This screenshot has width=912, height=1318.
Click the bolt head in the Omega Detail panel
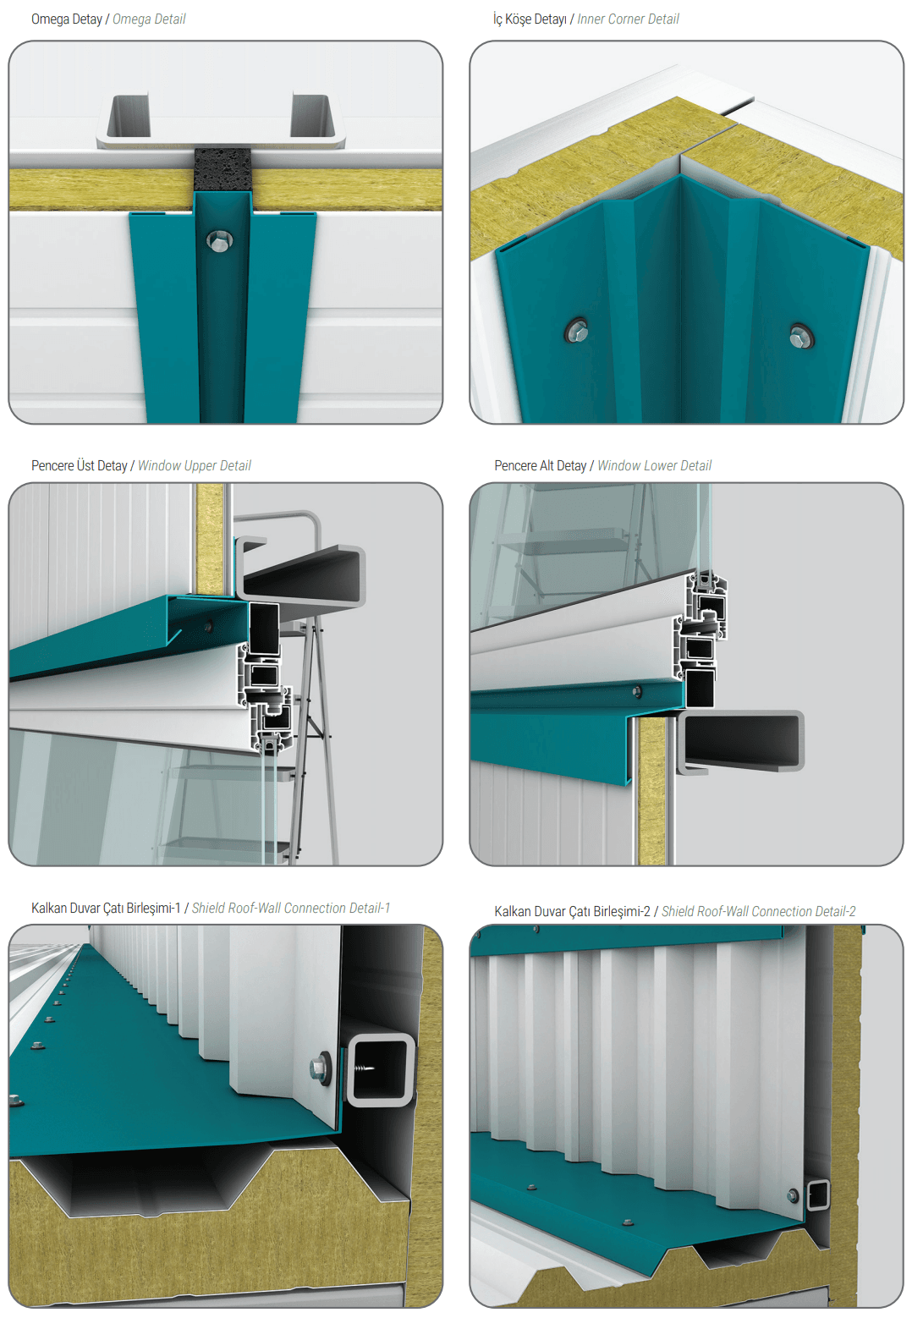click(x=220, y=240)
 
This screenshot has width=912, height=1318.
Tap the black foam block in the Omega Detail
click(x=223, y=169)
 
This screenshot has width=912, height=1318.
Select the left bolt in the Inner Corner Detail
click(x=577, y=332)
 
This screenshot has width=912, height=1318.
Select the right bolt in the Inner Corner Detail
click(x=801, y=337)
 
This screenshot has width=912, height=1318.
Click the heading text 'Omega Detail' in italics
click(x=149, y=19)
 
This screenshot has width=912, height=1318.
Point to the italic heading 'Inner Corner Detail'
click(x=628, y=19)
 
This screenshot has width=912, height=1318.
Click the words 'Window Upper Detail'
click(x=195, y=465)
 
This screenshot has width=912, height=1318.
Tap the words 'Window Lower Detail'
click(x=654, y=465)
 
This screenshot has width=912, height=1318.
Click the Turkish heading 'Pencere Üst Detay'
click(x=79, y=465)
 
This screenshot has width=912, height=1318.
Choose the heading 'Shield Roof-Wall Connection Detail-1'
click(x=291, y=908)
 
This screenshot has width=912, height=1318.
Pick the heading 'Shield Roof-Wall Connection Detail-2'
click(x=758, y=911)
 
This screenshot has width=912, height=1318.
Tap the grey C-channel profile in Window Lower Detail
click(x=741, y=740)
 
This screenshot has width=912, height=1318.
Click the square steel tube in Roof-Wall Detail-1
click(x=380, y=1069)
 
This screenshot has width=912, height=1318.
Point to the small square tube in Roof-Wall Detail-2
click(x=817, y=1194)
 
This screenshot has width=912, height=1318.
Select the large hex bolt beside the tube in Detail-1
click(x=321, y=1065)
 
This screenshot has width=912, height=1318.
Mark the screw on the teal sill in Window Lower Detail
click(x=636, y=692)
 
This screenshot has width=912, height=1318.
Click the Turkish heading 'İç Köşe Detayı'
click(x=530, y=19)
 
